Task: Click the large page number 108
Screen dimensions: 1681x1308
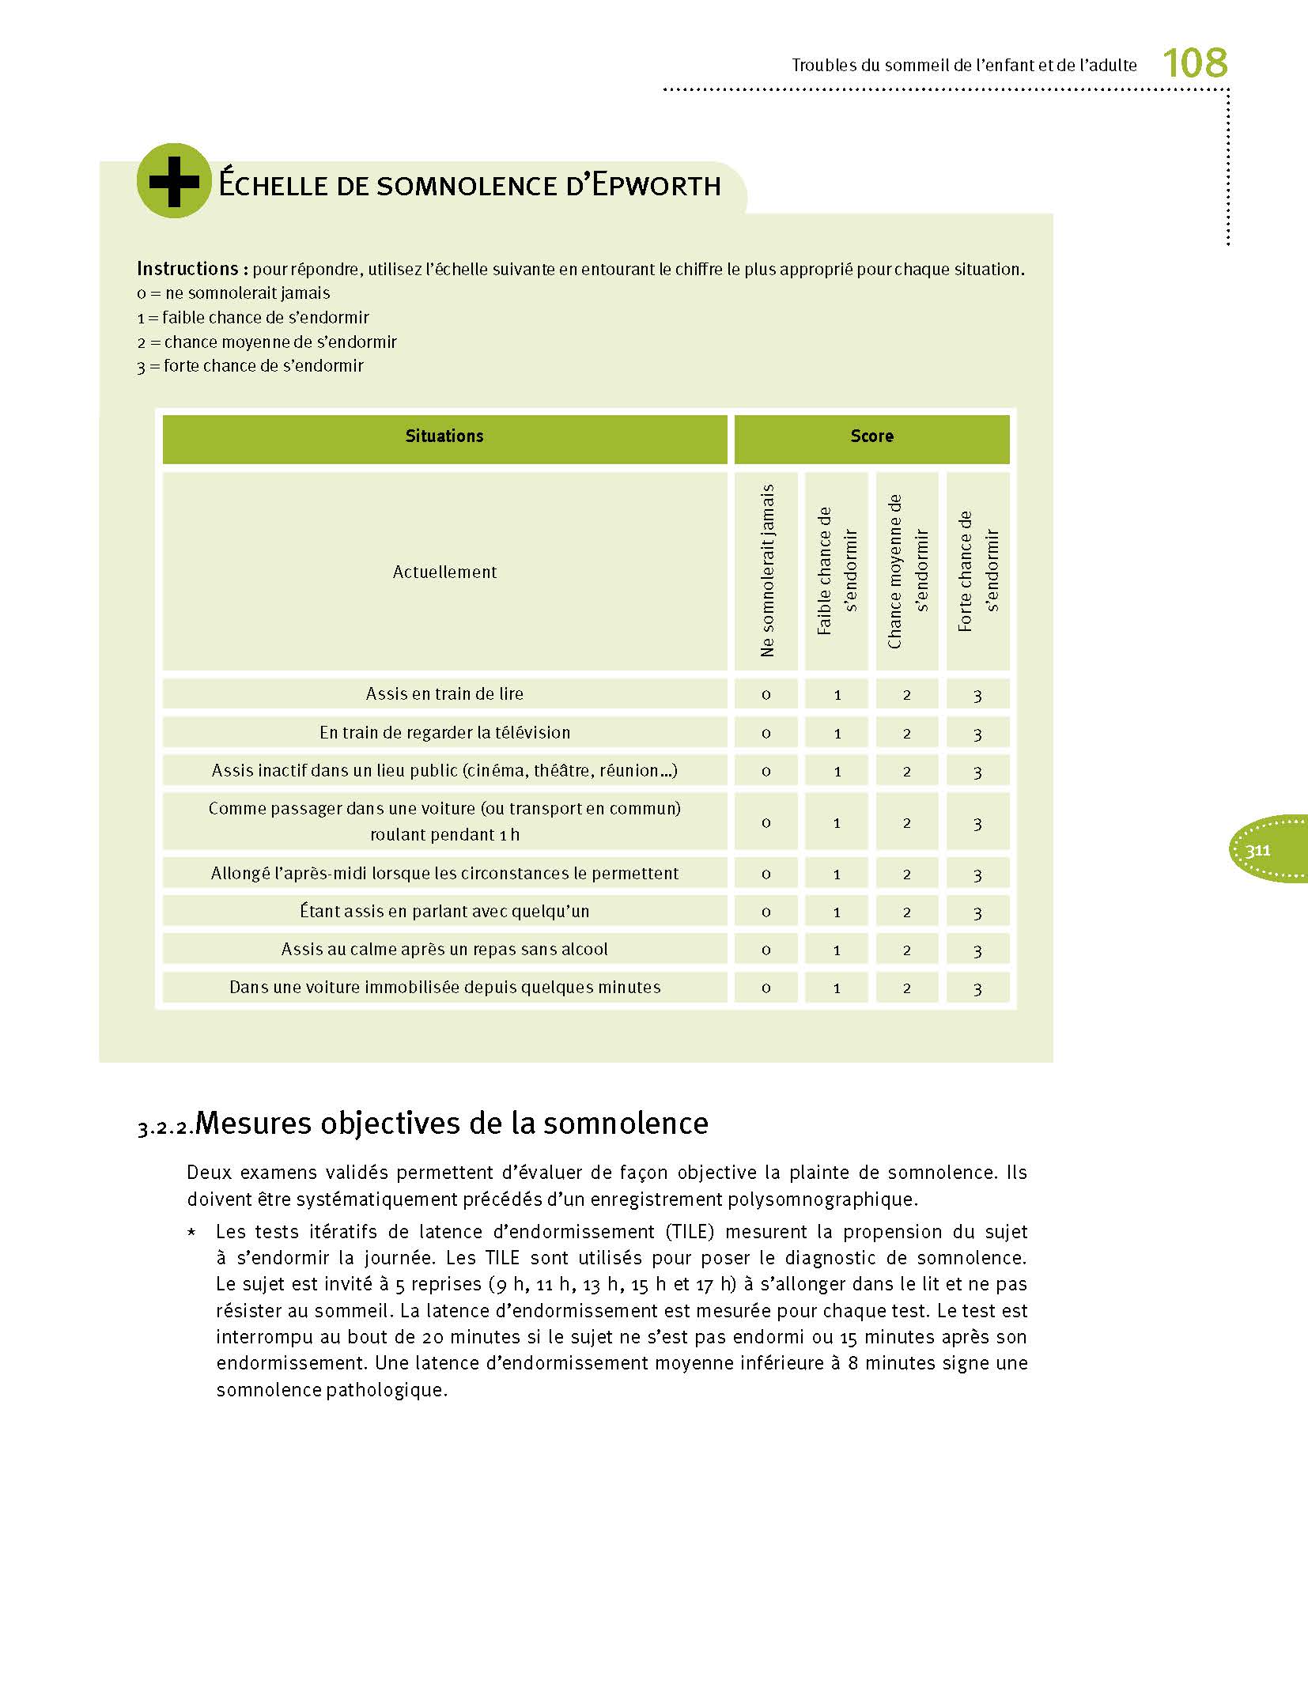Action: point(1194,62)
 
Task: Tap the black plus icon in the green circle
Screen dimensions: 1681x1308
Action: point(174,181)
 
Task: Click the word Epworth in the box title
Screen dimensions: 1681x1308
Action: point(656,185)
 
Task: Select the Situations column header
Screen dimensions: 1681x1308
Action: point(444,436)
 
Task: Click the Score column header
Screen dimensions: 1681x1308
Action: point(871,436)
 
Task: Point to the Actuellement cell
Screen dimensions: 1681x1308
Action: point(444,572)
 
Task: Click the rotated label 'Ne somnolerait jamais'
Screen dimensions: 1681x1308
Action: point(766,571)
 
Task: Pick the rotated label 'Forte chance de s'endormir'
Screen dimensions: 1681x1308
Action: point(978,571)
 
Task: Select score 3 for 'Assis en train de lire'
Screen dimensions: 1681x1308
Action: point(977,695)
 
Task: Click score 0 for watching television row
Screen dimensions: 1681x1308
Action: point(766,733)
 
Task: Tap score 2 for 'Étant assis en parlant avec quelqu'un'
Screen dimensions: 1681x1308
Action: point(907,912)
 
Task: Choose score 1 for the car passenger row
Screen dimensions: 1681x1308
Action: point(837,822)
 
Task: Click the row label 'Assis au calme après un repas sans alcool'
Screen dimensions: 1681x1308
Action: point(444,949)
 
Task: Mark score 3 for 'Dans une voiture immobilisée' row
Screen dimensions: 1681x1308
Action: point(977,988)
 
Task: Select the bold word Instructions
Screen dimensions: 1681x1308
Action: point(187,269)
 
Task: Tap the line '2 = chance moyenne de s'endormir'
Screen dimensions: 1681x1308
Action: point(267,342)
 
